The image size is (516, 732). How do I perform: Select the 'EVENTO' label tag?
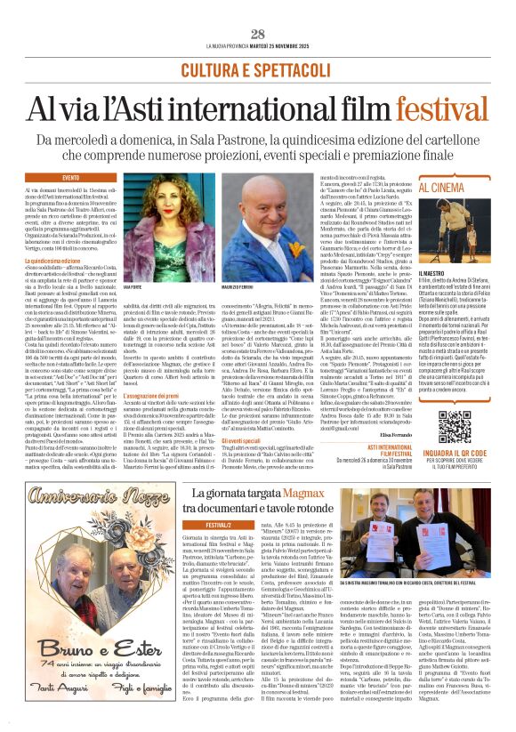point(70,178)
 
